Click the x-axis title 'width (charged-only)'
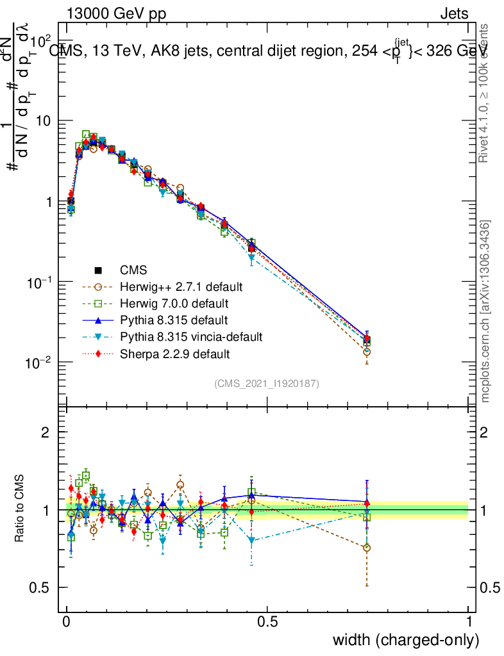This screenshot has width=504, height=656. click(405, 640)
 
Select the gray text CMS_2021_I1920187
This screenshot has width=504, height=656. click(267, 383)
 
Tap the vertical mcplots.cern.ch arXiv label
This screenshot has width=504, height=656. click(485, 311)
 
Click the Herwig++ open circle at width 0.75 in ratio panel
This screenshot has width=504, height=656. click(367, 548)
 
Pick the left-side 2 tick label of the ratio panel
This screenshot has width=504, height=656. click(46, 432)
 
